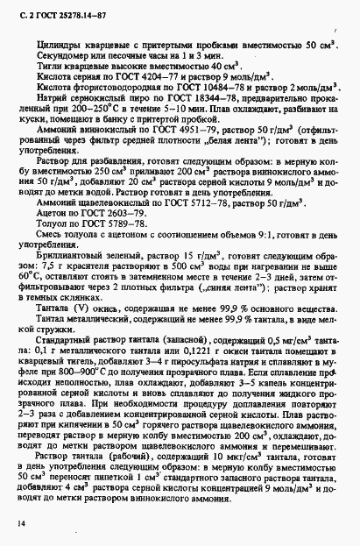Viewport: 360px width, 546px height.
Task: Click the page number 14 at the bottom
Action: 18,522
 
